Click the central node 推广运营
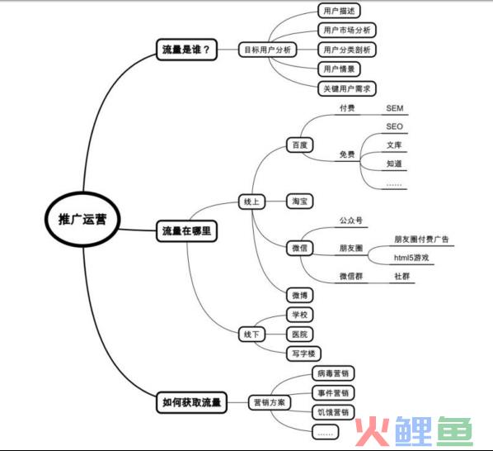[82, 219]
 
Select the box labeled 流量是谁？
[186, 50]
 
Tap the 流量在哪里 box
[186, 231]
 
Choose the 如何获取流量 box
[191, 402]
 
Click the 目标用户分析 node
[268, 50]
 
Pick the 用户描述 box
[339, 11]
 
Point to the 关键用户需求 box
[347, 89]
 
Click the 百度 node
[299, 145]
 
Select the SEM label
[395, 108]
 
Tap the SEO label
[395, 126]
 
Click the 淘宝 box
[299, 202]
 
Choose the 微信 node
[299, 248]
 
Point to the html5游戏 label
[411, 258]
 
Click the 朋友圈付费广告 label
[421, 240]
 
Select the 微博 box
[299, 296]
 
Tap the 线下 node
[251, 335]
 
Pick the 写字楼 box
[303, 354]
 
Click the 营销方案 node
[270, 402]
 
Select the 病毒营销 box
[333, 373]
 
